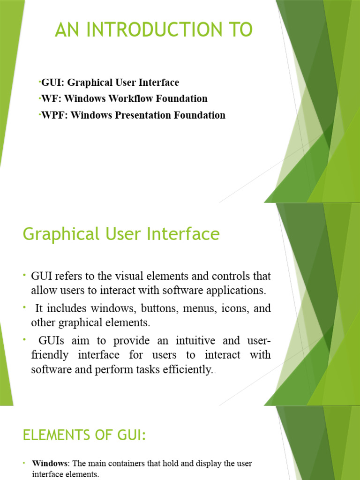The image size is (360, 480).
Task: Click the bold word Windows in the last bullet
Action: (x=50, y=464)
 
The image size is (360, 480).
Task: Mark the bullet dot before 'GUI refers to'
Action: (x=25, y=274)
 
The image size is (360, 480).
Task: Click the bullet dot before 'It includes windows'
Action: (x=25, y=307)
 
